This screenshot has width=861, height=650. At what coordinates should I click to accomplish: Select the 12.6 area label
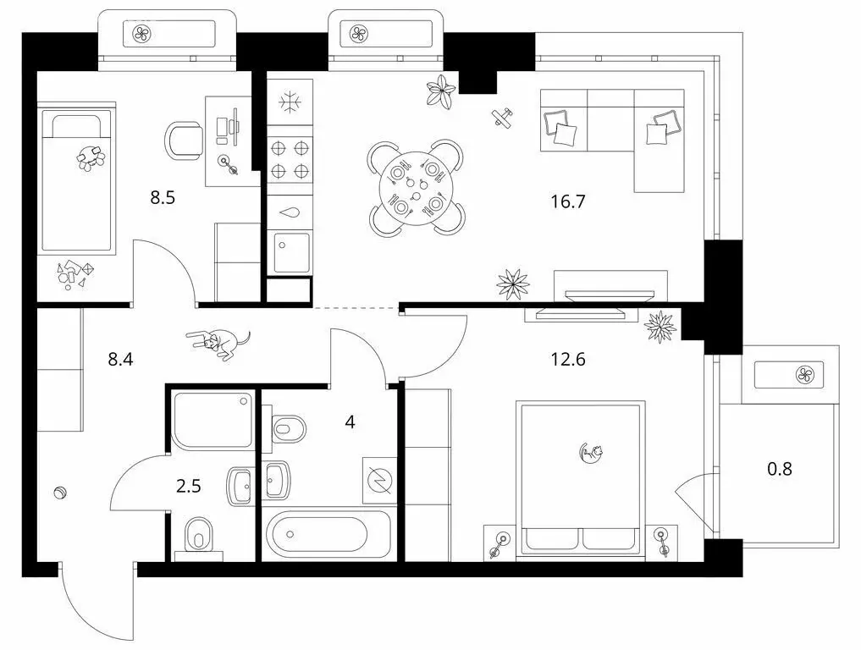tap(567, 359)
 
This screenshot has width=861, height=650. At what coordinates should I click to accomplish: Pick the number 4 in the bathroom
tap(350, 421)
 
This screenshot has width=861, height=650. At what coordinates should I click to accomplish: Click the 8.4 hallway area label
tap(121, 359)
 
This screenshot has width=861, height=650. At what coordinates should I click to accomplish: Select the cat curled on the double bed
tap(591, 454)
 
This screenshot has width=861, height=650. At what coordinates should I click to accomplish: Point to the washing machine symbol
tap(377, 480)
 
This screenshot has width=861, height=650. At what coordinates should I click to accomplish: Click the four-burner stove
tap(290, 159)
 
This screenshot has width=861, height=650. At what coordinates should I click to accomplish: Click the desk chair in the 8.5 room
tap(184, 140)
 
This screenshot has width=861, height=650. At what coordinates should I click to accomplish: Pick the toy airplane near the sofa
tap(503, 118)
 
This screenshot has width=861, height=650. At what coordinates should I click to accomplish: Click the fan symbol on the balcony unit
tap(806, 374)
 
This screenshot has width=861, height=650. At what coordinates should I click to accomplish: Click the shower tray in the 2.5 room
tap(212, 420)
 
